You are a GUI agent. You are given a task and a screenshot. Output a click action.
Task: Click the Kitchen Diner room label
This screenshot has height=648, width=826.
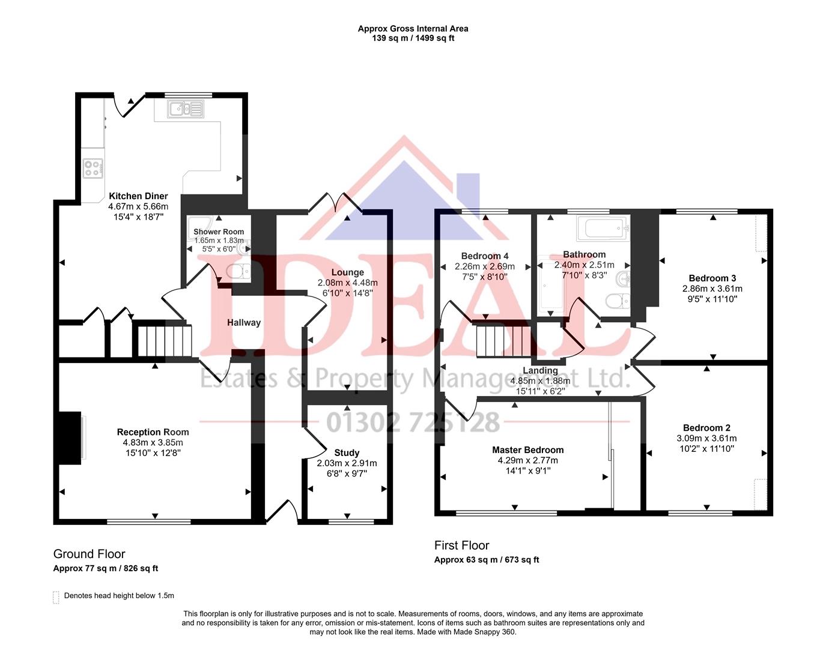coord(138,196)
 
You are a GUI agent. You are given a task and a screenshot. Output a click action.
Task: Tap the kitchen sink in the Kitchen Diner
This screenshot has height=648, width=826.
coord(186,109)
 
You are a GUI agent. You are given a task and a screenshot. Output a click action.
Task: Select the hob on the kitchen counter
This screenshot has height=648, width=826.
coord(93,168)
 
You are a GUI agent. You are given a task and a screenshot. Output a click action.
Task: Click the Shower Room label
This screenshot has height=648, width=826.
coord(219,232)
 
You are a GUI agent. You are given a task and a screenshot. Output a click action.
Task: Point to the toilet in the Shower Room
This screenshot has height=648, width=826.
coord(238,272)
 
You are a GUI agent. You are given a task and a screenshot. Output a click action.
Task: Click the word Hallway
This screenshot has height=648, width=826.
coord(244,323)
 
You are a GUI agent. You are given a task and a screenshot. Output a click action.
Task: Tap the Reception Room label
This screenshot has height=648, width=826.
coord(153,432)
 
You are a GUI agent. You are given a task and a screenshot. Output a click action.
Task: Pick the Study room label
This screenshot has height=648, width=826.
coord(347,453)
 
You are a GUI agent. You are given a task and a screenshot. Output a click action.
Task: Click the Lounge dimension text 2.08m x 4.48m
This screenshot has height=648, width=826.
coord(348,283)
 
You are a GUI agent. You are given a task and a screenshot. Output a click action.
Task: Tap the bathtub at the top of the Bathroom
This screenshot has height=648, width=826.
coord(602,228)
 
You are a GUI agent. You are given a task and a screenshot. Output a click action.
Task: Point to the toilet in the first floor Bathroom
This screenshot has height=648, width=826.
coord(616,301)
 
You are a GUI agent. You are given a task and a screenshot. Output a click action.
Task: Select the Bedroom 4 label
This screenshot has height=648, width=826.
coord(485,256)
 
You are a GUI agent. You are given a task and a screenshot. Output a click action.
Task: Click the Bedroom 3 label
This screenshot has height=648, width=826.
coord(712,278)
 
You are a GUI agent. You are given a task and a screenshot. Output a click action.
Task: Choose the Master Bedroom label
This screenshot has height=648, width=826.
coord(528,450)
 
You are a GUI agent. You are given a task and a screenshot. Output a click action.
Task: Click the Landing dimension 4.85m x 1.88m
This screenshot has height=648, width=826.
coord(540,381)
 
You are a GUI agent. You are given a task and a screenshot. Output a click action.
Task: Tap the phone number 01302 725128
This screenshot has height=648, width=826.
coord(413,422)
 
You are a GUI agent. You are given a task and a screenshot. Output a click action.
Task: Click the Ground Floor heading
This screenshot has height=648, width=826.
coord(90,554)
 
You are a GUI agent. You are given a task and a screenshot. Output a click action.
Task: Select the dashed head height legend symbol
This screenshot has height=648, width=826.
coord(56,597)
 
